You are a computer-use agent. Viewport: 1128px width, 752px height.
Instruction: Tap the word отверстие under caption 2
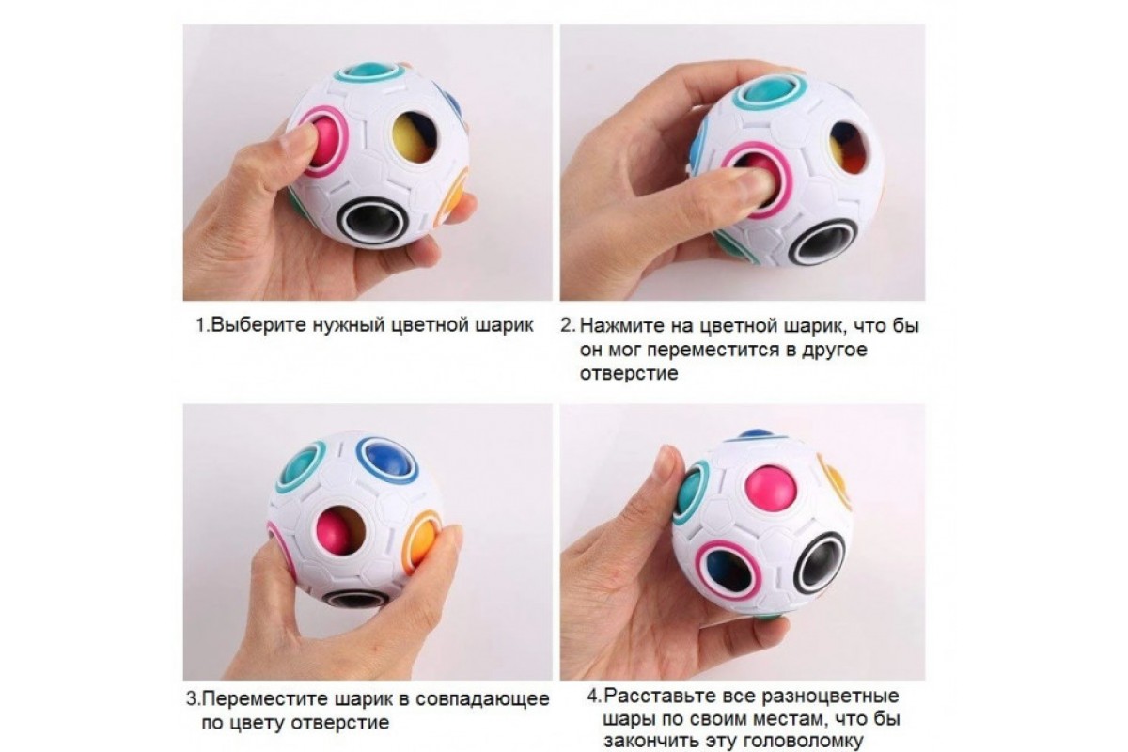click(x=629, y=374)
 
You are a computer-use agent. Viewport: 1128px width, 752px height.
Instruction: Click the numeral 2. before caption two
click(x=568, y=326)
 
